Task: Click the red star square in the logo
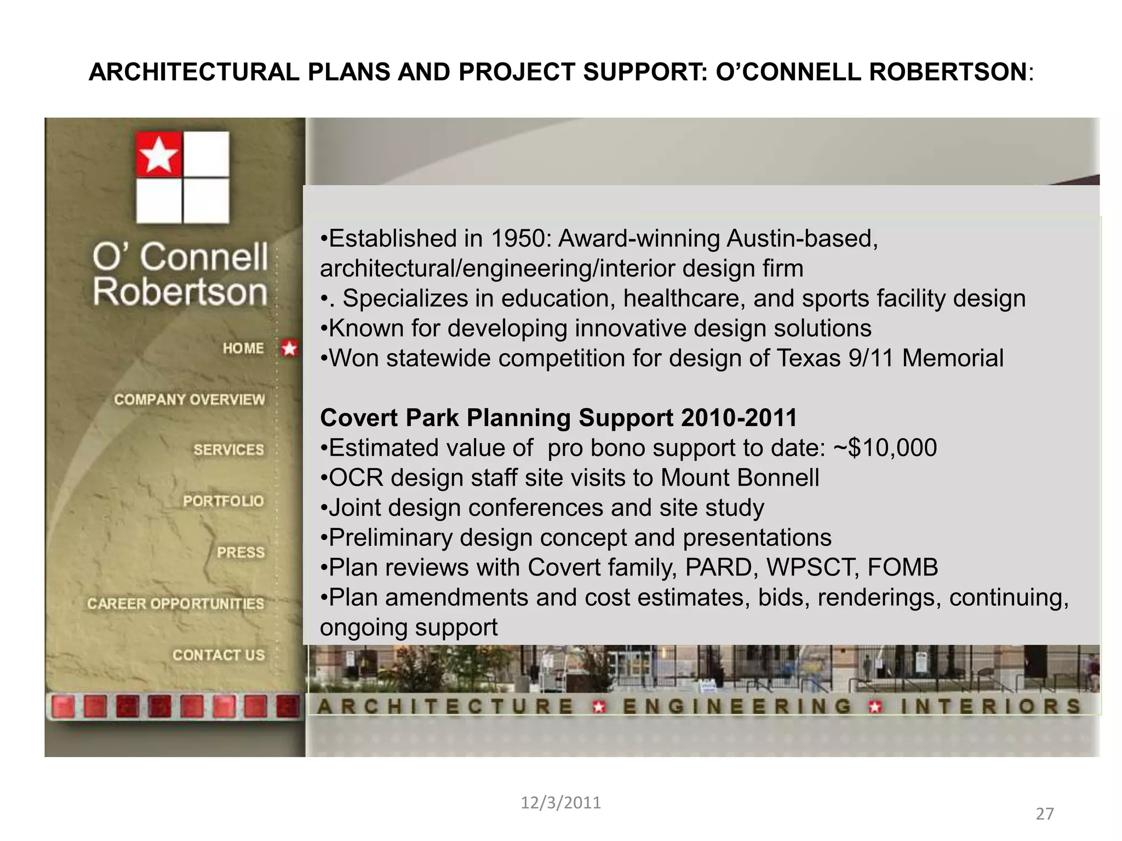point(159,154)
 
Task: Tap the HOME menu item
point(243,348)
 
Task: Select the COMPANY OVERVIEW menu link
point(189,399)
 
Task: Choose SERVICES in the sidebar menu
point(228,450)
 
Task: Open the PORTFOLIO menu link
point(223,501)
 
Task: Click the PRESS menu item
point(241,552)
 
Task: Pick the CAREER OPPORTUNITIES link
point(175,603)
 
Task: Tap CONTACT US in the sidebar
point(219,655)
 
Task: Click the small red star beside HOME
point(289,348)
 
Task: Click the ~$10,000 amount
point(885,448)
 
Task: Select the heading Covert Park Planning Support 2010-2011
point(558,418)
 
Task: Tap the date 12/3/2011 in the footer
point(560,803)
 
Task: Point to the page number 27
point(1045,814)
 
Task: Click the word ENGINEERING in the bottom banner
point(737,706)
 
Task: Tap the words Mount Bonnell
point(740,478)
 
